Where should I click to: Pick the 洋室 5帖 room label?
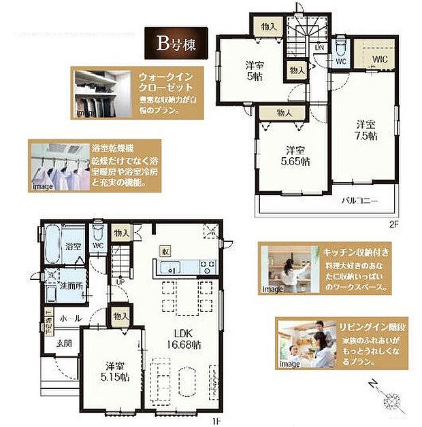coord(254,71)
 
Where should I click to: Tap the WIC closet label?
coord(379,58)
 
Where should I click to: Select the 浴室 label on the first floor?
coord(73,246)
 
